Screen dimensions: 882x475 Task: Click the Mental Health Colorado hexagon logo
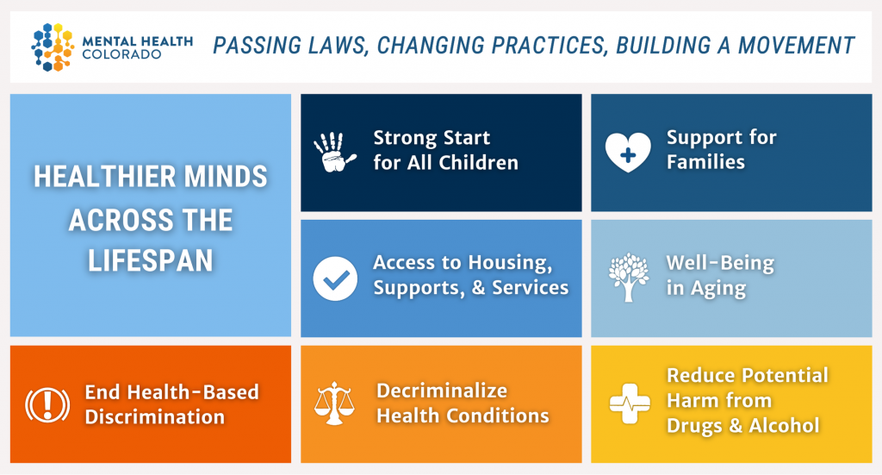pyautogui.click(x=53, y=47)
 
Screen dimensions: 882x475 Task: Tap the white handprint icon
pyautogui.click(x=334, y=152)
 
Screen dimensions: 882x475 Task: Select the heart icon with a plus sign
pyautogui.click(x=628, y=152)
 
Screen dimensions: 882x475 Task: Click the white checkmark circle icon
pyautogui.click(x=335, y=278)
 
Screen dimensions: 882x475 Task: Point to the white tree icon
pyautogui.click(x=628, y=277)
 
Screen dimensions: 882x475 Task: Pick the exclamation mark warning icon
pyautogui.click(x=48, y=404)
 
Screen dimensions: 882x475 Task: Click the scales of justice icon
pyautogui.click(x=334, y=403)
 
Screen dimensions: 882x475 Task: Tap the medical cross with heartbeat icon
pyautogui.click(x=630, y=403)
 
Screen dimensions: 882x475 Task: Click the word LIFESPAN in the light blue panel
pyautogui.click(x=150, y=261)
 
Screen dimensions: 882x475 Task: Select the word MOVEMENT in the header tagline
pyautogui.click(x=797, y=45)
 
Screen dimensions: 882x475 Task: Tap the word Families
pyautogui.click(x=706, y=162)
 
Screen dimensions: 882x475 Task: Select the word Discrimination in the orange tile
pyautogui.click(x=155, y=417)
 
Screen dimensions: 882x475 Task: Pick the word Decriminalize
pyautogui.click(x=442, y=391)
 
